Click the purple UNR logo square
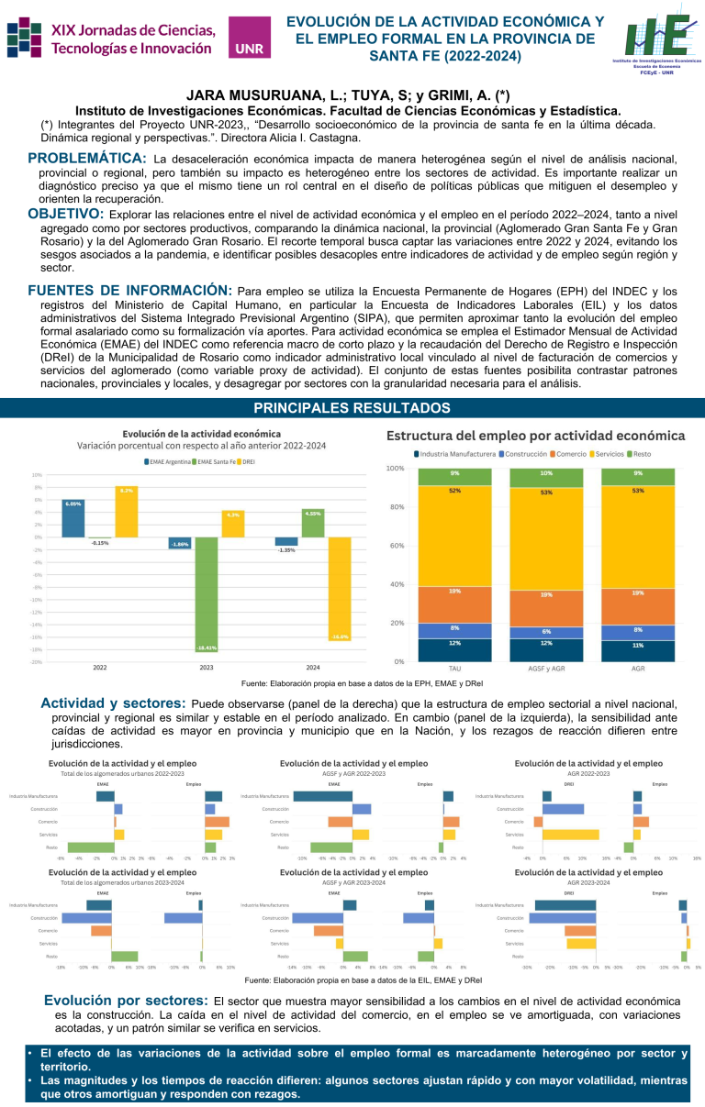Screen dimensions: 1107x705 tap(249, 38)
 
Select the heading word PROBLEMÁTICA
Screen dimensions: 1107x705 tap(87, 159)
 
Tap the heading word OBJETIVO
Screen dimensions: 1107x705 tap(65, 214)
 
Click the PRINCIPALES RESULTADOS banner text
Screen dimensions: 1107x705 tap(352, 407)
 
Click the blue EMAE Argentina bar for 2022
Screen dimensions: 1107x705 tap(73, 517)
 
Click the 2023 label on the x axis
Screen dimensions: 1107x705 tap(207, 667)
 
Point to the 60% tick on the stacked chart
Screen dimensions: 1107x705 tap(396, 546)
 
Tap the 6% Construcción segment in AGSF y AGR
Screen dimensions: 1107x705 tap(546, 632)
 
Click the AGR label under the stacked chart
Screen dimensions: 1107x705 tap(638, 669)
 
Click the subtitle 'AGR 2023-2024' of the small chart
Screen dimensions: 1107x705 tap(588, 881)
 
